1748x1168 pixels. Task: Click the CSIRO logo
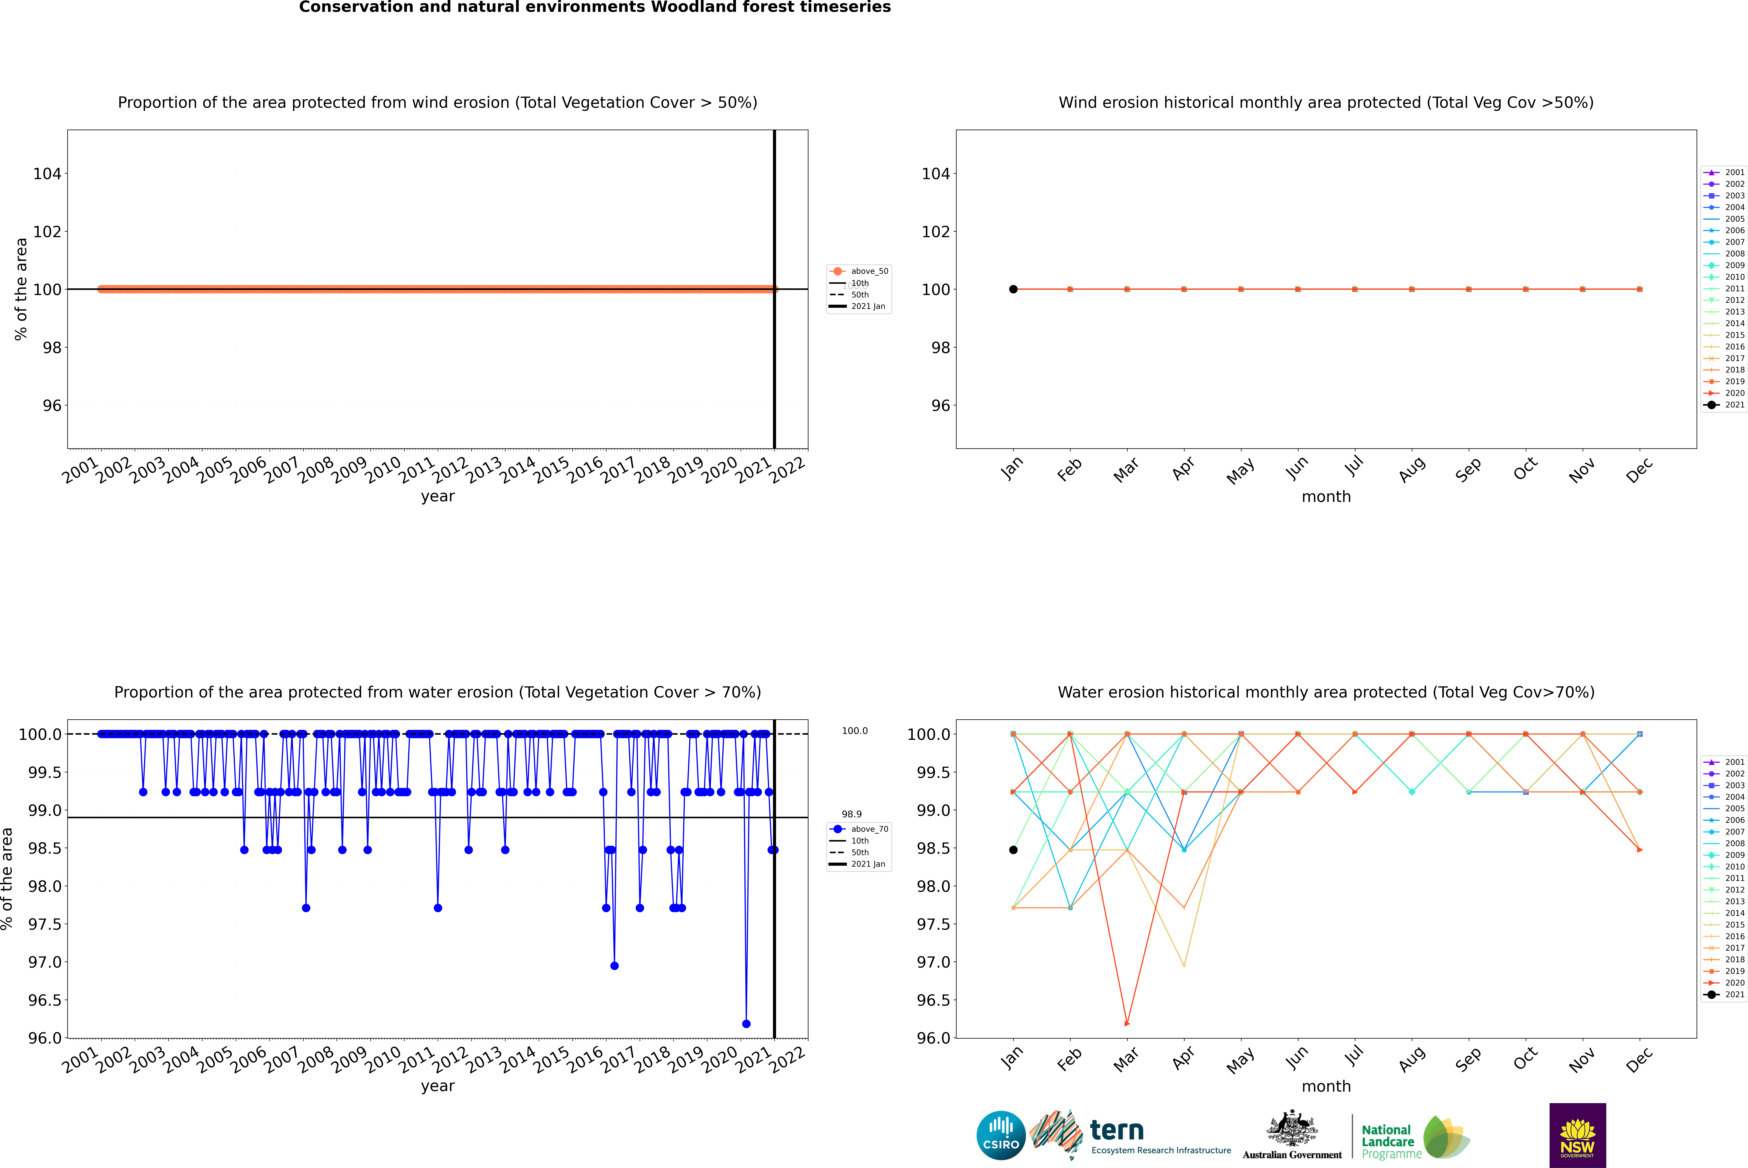tap(1001, 1135)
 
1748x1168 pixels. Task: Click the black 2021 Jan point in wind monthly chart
tap(1013, 289)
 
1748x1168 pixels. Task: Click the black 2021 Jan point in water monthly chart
tap(1013, 850)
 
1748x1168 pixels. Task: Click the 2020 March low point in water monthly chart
tap(1127, 1023)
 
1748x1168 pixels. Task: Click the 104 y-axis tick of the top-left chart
tap(47, 174)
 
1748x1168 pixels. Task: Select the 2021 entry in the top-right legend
tap(1734, 404)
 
